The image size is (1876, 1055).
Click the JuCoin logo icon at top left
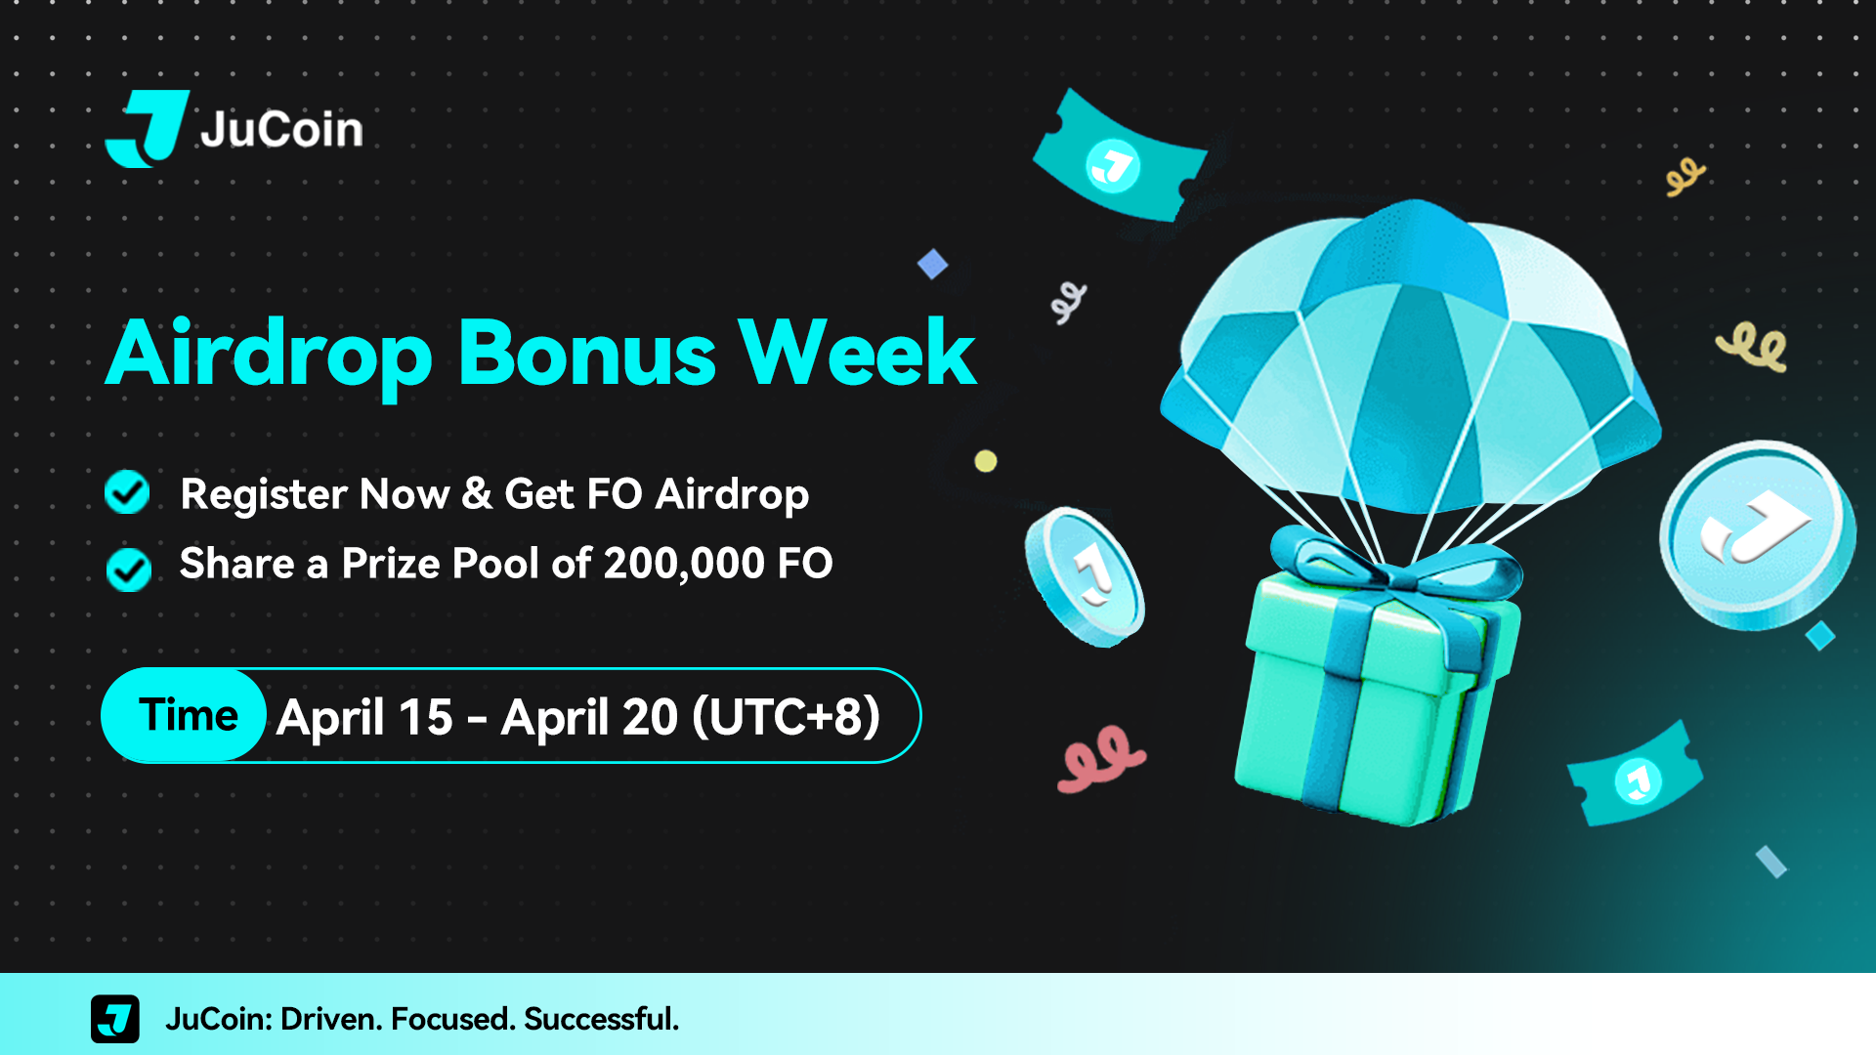147,128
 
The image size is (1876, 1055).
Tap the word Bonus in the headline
587,353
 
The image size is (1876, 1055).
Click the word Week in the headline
857,353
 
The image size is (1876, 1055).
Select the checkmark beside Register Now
127,491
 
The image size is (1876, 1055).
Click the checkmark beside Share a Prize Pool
128,570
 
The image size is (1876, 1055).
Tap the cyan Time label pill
184,715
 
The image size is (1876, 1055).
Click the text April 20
589,718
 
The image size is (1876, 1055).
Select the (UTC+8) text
787,717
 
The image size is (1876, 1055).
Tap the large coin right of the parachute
1757,534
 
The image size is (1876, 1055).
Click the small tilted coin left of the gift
1084,576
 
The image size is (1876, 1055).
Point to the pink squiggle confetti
1100,758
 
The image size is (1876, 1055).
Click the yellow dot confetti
986,461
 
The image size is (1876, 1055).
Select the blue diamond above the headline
932,264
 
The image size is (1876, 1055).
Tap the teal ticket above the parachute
1120,156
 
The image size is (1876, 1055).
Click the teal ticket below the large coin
1635,775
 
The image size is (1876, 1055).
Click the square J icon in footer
115,1019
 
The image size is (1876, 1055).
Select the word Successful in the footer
601,1019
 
